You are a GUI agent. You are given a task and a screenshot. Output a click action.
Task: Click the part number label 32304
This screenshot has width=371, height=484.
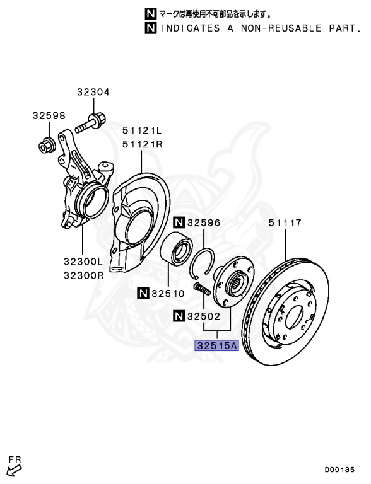click(x=93, y=92)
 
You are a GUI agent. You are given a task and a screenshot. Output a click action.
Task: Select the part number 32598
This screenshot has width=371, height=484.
click(x=49, y=116)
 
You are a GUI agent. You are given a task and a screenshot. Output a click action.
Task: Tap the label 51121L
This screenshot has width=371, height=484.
click(x=142, y=130)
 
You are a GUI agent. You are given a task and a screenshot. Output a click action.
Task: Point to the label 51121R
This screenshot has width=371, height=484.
click(x=142, y=144)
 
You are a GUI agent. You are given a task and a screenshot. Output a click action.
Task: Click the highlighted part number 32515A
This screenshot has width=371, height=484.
click(x=216, y=346)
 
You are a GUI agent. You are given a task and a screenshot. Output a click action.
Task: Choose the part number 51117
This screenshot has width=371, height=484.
click(x=285, y=222)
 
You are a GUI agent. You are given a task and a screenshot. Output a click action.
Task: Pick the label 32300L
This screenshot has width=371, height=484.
click(x=83, y=262)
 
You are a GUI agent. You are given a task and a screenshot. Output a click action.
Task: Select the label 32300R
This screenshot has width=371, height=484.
click(x=83, y=275)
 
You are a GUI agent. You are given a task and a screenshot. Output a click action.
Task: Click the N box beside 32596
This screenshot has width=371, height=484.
click(x=179, y=222)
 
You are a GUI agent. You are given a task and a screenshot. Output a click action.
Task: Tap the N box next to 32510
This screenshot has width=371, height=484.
click(x=143, y=293)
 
